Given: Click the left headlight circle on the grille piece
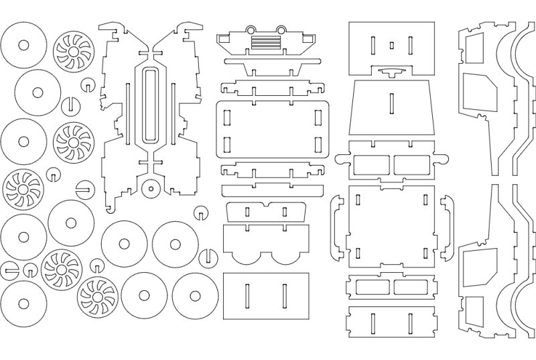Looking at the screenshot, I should pos(252,29).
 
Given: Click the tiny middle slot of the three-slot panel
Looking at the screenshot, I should pos(392,46).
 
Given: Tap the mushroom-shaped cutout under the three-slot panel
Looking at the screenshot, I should pos(392,71).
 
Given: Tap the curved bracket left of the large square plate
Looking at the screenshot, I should pos(337,228).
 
